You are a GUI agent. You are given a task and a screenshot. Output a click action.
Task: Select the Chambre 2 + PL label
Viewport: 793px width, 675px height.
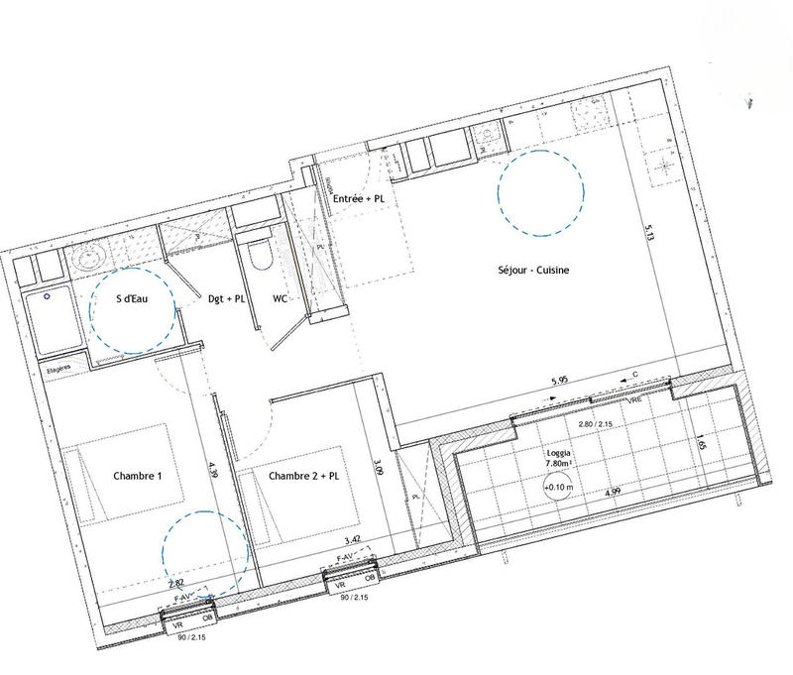tap(303, 476)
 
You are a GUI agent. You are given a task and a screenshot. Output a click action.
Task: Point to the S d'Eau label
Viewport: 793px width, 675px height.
tap(132, 297)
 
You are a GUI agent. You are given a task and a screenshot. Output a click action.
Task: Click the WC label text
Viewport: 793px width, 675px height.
tap(280, 297)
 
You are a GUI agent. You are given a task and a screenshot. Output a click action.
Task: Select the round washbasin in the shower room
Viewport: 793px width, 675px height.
tap(89, 256)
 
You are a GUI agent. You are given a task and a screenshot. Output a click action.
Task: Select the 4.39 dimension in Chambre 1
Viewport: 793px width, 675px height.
tap(211, 474)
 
